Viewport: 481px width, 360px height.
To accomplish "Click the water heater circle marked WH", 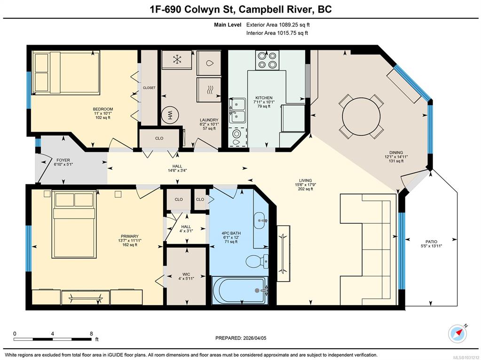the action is [x=169, y=115].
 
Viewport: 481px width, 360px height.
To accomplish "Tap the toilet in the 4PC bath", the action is [x=257, y=262].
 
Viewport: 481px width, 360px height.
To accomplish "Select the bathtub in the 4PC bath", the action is [x=240, y=290].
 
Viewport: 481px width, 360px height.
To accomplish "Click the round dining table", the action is [x=361, y=116].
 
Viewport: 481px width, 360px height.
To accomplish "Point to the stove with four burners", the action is [x=267, y=60].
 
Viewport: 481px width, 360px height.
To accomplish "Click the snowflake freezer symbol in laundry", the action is [x=177, y=60].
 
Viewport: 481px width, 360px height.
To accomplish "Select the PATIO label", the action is [x=431, y=242].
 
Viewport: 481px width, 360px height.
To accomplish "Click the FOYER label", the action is [x=63, y=160].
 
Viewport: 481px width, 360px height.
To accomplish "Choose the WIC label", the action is [x=186, y=274].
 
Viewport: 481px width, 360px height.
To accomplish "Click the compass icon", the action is [x=457, y=334].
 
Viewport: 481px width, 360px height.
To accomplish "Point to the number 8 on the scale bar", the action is [x=91, y=334].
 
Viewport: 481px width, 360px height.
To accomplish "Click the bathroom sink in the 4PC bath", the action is [x=261, y=220].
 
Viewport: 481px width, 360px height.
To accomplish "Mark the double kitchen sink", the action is [x=237, y=110].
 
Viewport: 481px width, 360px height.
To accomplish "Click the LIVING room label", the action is [x=306, y=180].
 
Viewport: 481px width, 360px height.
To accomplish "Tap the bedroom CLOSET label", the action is [x=149, y=88].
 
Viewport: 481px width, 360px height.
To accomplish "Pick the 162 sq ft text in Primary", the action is [x=130, y=245].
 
